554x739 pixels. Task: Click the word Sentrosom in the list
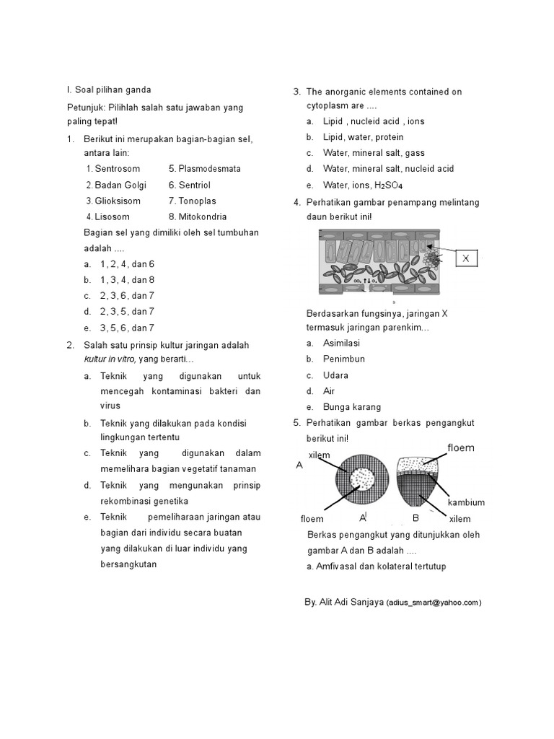[117, 169]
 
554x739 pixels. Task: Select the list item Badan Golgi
[120, 185]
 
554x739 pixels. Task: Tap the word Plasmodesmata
[209, 169]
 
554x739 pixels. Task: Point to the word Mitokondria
[202, 217]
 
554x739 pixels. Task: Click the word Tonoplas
[197, 201]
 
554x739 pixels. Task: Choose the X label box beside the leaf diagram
[465, 258]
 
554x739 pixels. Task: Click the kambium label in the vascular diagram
[465, 502]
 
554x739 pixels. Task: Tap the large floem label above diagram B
[461, 447]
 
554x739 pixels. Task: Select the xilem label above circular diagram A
[319, 455]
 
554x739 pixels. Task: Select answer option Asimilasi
[341, 343]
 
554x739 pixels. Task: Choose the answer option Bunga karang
[352, 406]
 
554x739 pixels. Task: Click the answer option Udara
[335, 375]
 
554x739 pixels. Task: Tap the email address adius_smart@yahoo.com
[434, 602]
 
